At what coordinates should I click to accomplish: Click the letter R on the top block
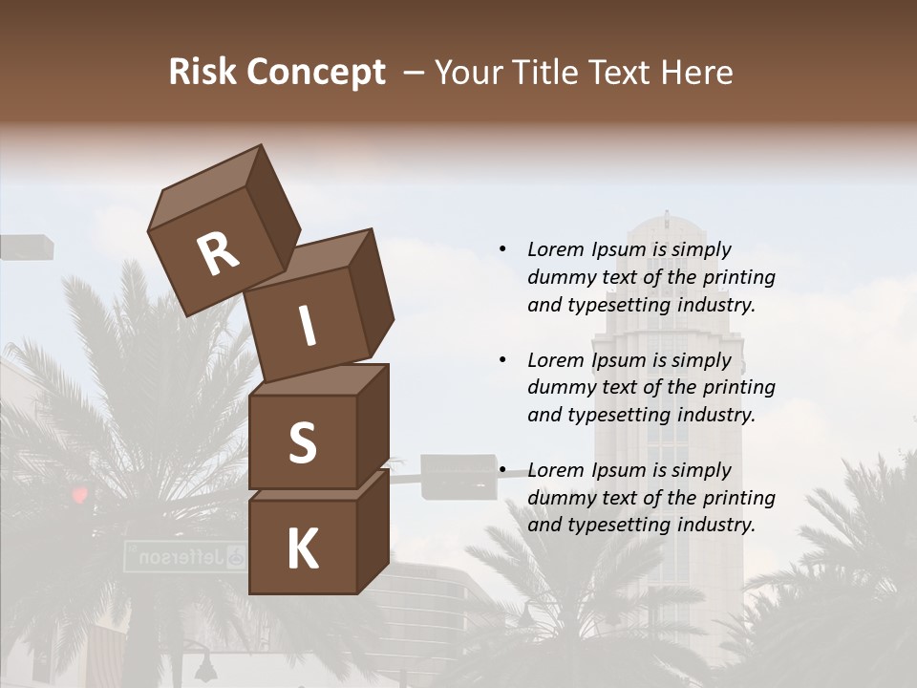click(218, 254)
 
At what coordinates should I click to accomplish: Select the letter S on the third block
click(302, 443)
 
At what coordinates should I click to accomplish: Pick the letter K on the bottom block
click(302, 549)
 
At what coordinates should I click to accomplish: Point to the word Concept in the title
click(314, 74)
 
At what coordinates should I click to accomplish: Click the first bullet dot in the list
click(502, 249)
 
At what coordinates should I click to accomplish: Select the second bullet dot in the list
click(502, 360)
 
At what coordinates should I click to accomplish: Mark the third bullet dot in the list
click(502, 470)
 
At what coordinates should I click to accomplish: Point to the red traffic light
click(79, 494)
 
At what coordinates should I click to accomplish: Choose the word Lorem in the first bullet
click(556, 249)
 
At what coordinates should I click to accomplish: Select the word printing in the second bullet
click(738, 388)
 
